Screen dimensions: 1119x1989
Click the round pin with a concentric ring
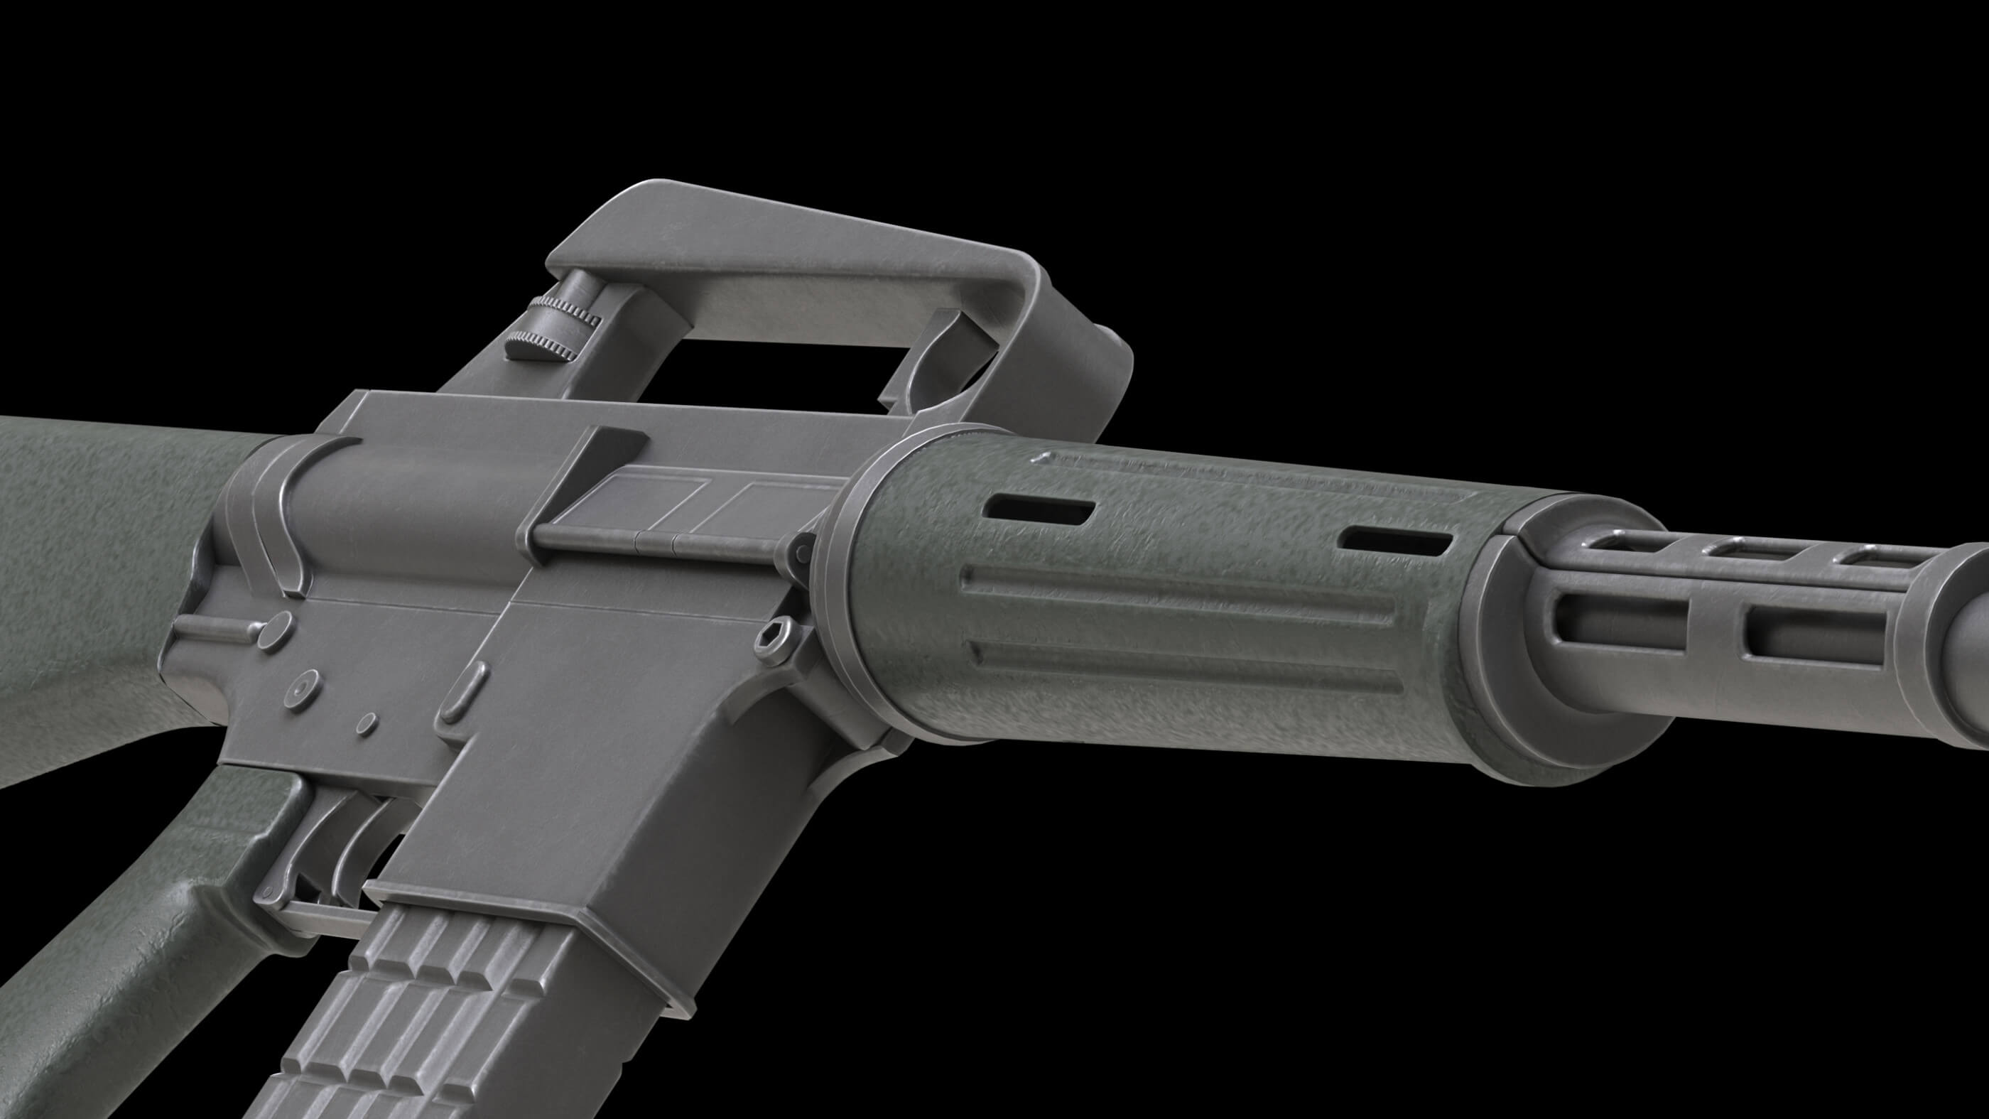302,685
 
